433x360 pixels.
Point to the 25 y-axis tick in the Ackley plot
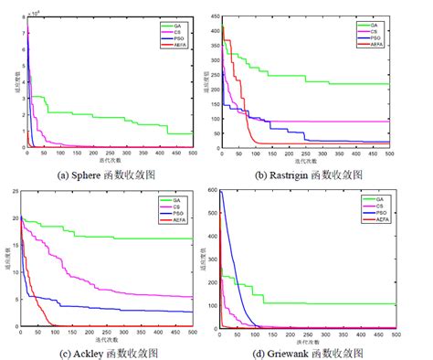click(11, 191)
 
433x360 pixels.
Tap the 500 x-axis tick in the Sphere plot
click(192, 153)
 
